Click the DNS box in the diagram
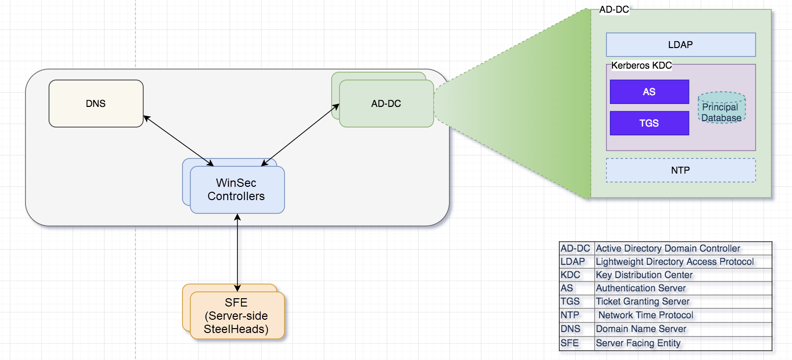(96, 103)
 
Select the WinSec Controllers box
(237, 190)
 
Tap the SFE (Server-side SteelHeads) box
(237, 316)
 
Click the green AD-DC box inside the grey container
(386, 103)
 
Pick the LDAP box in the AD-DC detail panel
(681, 45)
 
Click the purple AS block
(649, 92)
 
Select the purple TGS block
(649, 123)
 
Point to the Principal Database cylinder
(721, 110)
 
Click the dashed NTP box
(681, 170)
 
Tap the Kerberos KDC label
(641, 65)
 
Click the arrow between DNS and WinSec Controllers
(178, 141)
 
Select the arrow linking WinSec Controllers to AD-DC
(300, 135)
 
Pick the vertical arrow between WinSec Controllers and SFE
(238, 253)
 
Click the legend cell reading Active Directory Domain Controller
(668, 249)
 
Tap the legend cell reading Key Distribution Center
(644, 275)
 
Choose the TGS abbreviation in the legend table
(570, 302)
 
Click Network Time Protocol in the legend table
(646, 315)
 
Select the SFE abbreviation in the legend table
(570, 343)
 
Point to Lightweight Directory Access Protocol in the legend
(675, 262)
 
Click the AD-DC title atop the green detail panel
(614, 9)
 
